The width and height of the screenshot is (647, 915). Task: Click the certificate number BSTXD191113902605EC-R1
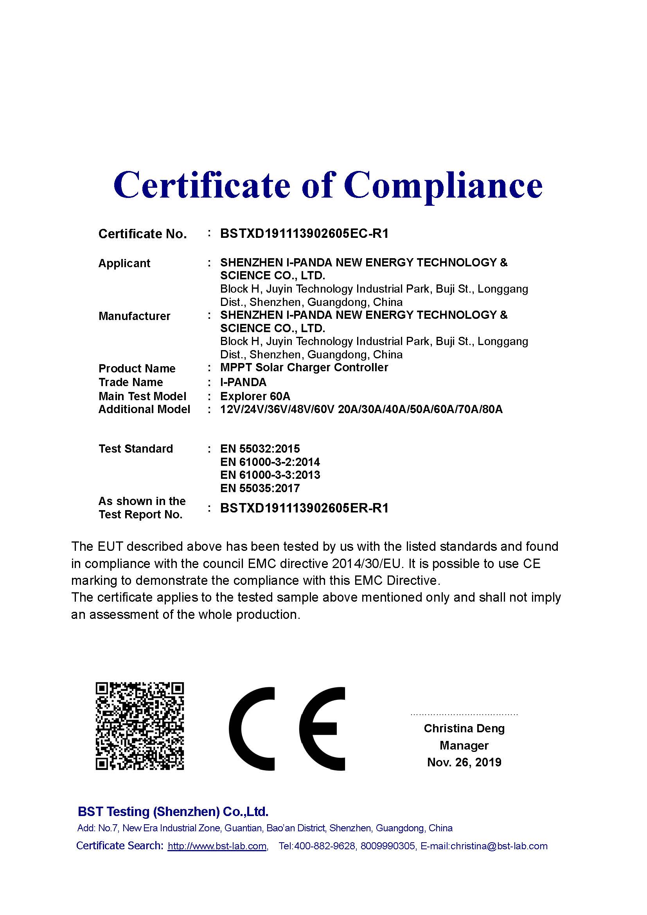(304, 234)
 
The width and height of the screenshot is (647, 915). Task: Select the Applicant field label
(124, 263)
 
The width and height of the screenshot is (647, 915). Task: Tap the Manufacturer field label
(134, 316)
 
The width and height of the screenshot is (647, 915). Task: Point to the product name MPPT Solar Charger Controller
(304, 367)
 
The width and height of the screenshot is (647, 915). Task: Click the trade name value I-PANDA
(243, 382)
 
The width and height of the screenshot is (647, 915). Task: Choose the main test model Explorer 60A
(255, 396)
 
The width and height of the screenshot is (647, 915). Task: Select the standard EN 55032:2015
(260, 449)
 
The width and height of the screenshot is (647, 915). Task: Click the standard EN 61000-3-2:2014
(270, 462)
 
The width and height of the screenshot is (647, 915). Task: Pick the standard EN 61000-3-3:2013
(270, 475)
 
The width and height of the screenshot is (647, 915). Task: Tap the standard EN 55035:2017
(260, 488)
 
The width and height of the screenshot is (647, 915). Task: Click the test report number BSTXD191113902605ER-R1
(304, 508)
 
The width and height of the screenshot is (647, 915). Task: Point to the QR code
(139, 726)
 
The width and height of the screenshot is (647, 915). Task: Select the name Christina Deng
(464, 728)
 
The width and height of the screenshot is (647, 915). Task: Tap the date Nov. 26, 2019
(464, 762)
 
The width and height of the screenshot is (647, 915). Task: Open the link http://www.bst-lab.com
(217, 846)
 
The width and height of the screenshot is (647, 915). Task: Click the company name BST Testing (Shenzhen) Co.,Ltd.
(173, 811)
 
